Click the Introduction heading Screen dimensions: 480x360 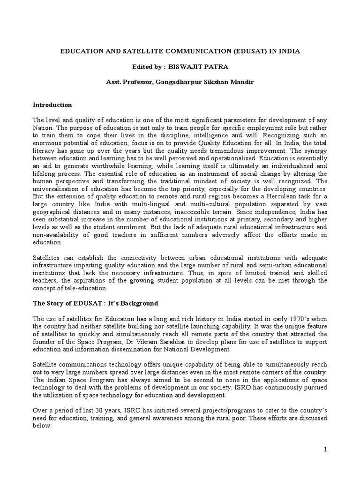coord(52,105)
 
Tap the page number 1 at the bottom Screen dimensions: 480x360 coord(325,450)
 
